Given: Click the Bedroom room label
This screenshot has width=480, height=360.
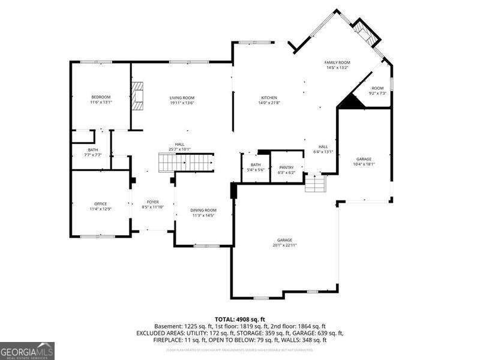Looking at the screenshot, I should click(x=101, y=97).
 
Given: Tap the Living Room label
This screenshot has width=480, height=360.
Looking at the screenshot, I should click(x=181, y=98).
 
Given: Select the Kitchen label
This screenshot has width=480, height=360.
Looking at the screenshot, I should click(x=269, y=98).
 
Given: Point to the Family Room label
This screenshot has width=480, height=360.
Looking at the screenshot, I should click(x=337, y=62).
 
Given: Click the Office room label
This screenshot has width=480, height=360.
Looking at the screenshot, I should click(x=100, y=204).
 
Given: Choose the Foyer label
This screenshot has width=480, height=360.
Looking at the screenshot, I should click(x=153, y=202).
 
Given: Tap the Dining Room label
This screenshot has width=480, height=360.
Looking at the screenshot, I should click(x=203, y=210).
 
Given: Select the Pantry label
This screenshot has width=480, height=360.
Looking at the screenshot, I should click(x=286, y=167).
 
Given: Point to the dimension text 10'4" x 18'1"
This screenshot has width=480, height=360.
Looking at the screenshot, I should click(x=364, y=164).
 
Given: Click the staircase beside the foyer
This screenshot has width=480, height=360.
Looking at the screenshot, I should click(x=187, y=162).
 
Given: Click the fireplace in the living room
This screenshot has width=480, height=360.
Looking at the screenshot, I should click(x=139, y=96).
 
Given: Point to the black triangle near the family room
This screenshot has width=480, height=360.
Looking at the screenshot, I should click(x=353, y=103).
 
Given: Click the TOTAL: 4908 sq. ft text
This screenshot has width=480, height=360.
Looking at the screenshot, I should click(x=240, y=319).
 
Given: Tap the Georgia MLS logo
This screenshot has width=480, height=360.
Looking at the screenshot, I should click(x=27, y=350).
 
